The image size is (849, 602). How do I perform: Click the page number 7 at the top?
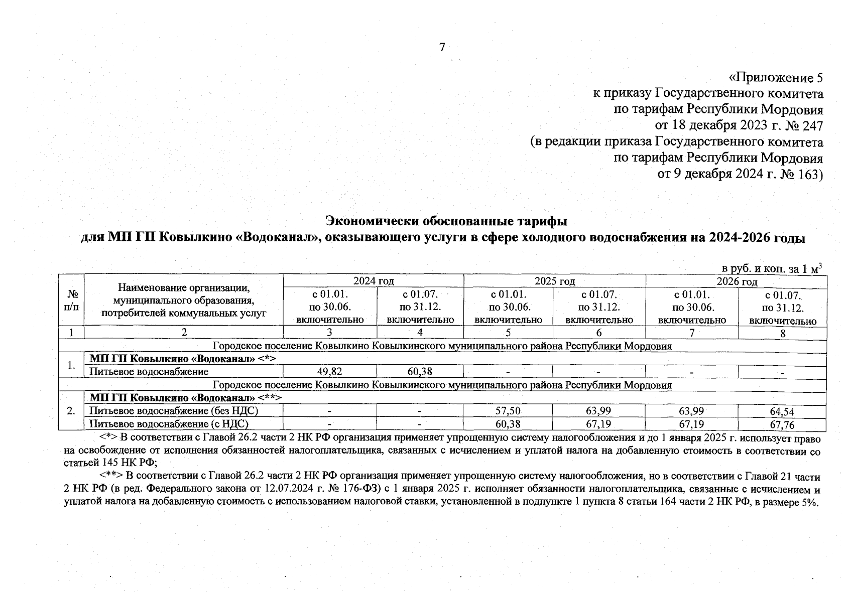click(x=442, y=48)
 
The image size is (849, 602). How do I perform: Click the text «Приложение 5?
click(x=775, y=78)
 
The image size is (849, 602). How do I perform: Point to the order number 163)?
click(x=809, y=174)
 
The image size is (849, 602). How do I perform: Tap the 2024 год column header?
click(x=374, y=281)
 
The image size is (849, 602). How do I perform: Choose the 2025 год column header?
click(x=555, y=281)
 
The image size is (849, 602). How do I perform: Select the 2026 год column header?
click(x=737, y=281)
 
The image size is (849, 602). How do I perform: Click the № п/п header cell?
click(x=71, y=300)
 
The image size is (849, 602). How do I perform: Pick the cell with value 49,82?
click(x=330, y=372)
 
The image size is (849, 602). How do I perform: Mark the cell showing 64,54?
click(x=782, y=412)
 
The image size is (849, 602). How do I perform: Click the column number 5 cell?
click(x=508, y=332)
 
